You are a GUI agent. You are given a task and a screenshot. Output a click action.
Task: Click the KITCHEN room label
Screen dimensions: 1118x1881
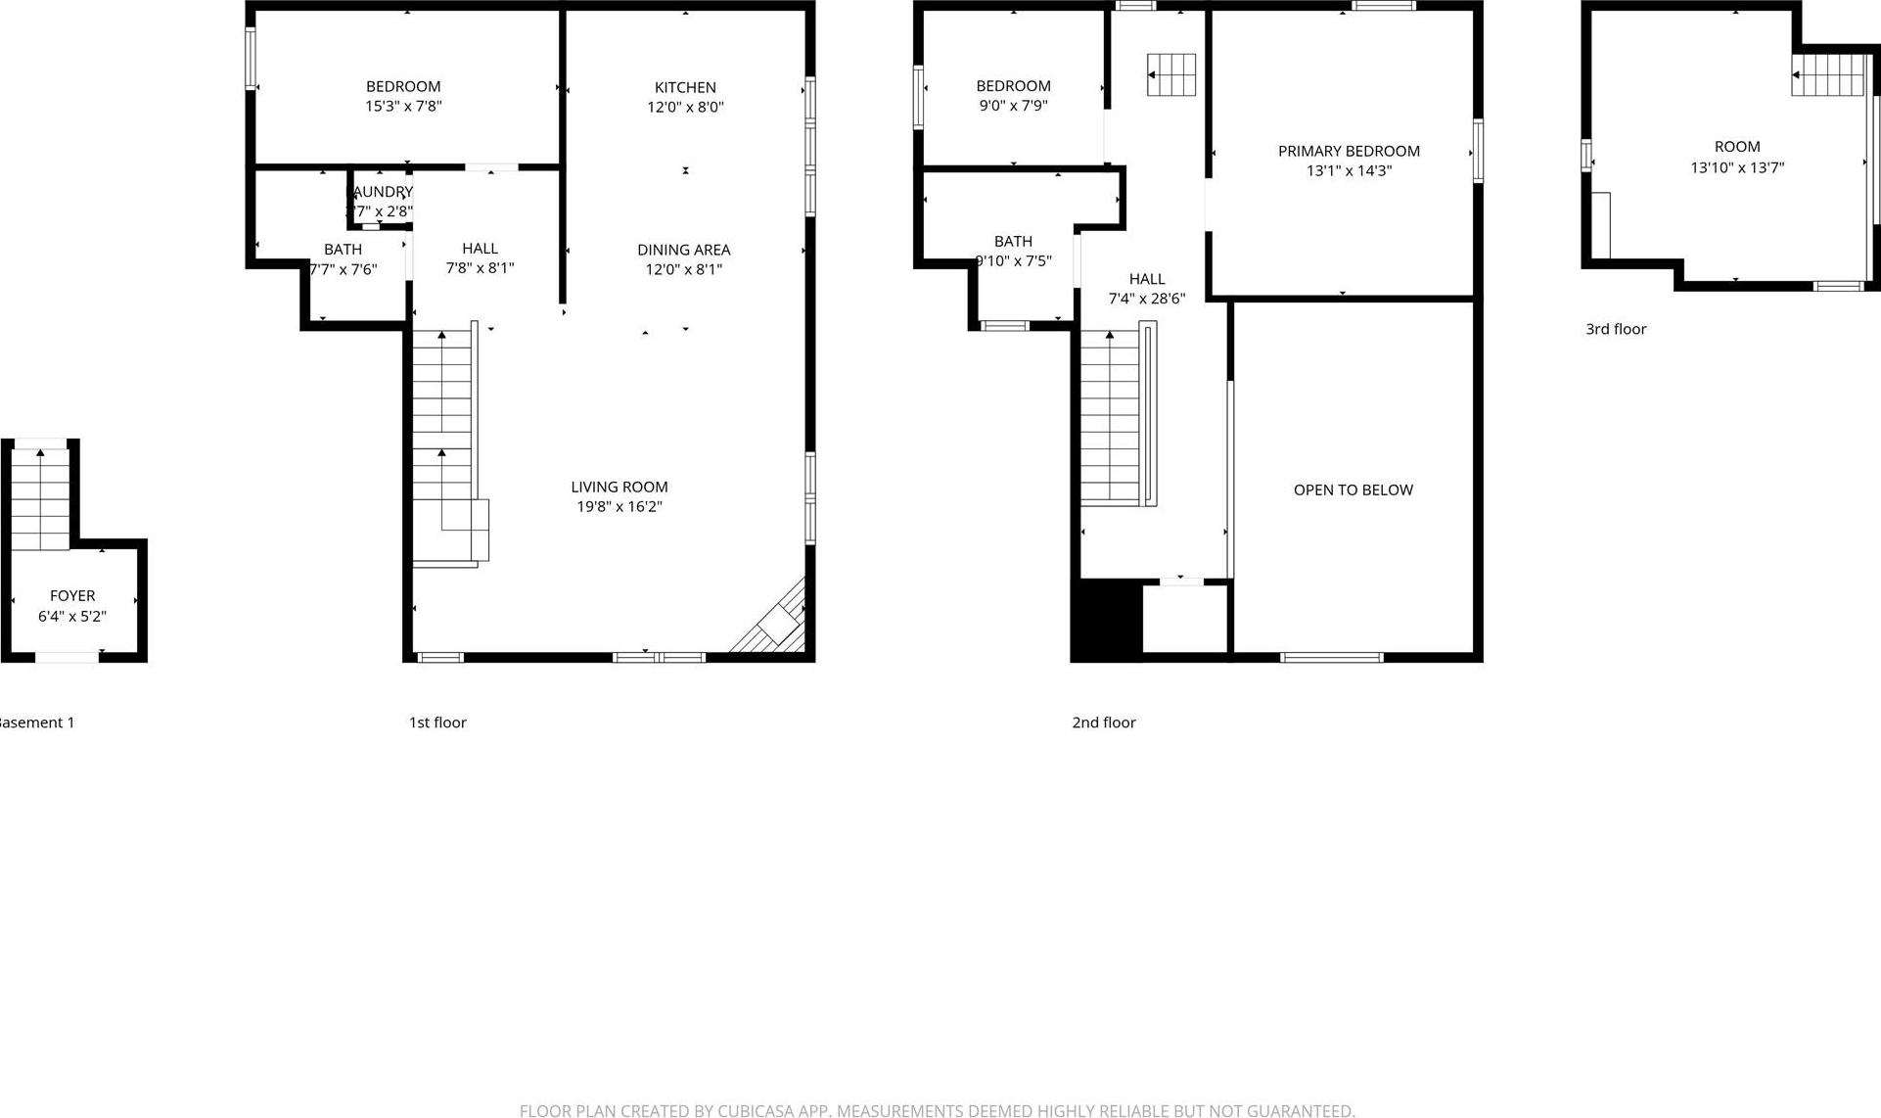(685, 87)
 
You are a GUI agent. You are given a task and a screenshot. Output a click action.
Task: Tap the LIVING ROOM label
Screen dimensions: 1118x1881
(619, 487)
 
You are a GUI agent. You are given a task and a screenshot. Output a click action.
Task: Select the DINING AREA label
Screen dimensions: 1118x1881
(683, 250)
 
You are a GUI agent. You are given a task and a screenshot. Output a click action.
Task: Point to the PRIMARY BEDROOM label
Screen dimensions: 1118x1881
(1349, 151)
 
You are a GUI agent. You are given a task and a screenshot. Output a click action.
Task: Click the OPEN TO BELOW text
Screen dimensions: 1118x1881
(1353, 489)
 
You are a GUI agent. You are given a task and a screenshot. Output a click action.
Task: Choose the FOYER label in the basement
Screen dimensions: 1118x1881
(72, 595)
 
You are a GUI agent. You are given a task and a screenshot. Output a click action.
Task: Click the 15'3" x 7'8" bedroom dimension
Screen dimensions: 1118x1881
(403, 106)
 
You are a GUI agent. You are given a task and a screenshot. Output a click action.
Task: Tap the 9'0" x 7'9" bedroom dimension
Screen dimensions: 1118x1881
(1013, 106)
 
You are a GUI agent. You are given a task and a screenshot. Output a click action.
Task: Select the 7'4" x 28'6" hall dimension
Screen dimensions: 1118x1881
(1146, 299)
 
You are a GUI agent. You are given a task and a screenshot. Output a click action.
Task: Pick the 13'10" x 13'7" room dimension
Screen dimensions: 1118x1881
(1737, 167)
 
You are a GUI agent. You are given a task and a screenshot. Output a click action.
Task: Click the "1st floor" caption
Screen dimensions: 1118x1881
(437, 722)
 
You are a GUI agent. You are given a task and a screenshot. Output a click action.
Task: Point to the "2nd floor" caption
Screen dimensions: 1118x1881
(1103, 722)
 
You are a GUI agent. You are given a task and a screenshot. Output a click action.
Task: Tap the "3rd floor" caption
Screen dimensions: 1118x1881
(1616, 329)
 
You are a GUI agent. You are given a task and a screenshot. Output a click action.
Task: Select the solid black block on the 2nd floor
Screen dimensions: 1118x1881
(1106, 620)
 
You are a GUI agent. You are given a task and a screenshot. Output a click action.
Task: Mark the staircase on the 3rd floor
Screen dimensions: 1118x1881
(1827, 75)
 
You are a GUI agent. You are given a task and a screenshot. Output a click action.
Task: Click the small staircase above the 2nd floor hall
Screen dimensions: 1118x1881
(1171, 75)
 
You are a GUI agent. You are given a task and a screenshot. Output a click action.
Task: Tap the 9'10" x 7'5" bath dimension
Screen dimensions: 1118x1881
(1014, 261)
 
